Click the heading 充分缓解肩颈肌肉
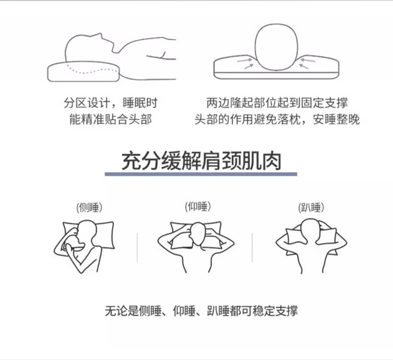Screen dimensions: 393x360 (x=201, y=161)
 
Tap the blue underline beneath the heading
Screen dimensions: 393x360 (x=201, y=174)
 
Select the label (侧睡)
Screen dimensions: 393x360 (x=90, y=208)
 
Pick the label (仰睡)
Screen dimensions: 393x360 (x=198, y=207)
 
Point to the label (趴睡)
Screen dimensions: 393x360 (x=311, y=208)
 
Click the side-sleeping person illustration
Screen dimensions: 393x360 (x=84, y=246)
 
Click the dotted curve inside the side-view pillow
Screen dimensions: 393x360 (x=92, y=70)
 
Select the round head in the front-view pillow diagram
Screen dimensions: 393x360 (x=276, y=47)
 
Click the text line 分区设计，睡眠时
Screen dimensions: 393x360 (x=110, y=103)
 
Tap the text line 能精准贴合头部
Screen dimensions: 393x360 (x=110, y=119)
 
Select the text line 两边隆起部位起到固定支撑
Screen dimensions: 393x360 (x=277, y=103)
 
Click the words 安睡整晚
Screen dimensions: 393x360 (x=336, y=119)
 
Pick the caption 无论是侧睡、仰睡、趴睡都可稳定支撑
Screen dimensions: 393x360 (x=201, y=311)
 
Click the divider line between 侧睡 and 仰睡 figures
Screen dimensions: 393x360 (x=137, y=247)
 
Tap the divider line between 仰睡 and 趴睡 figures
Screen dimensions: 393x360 (x=252, y=247)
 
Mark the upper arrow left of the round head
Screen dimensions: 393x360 (x=245, y=60)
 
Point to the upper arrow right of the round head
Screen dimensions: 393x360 (x=308, y=60)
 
